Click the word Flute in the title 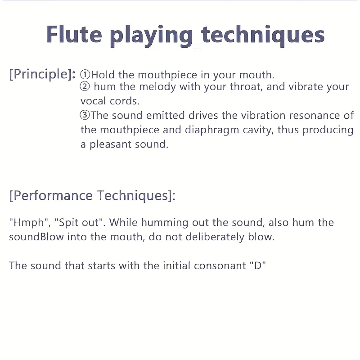[74, 34]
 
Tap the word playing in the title [152, 36]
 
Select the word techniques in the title [263, 36]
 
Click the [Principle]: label [42, 74]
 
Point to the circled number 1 [85, 75]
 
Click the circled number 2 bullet [85, 86]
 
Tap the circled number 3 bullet [85, 115]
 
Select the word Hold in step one [103, 75]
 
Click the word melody [157, 87]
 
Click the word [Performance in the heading [51, 196]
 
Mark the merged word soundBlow [36, 237]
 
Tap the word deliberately [215, 237]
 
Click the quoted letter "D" [257, 265]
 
